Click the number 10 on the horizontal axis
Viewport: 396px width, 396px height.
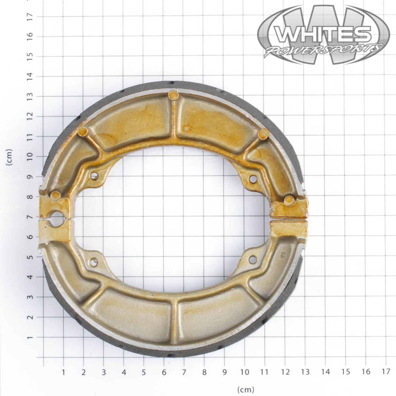click(x=244, y=372)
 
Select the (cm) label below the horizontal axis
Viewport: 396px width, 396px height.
click(x=246, y=389)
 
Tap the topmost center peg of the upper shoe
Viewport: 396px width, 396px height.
click(x=173, y=95)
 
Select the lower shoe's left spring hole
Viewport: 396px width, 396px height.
click(x=94, y=262)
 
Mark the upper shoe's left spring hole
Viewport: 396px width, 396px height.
click(x=94, y=176)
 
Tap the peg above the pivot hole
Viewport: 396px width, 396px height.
click(x=55, y=195)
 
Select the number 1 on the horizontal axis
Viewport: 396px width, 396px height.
click(x=63, y=372)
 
